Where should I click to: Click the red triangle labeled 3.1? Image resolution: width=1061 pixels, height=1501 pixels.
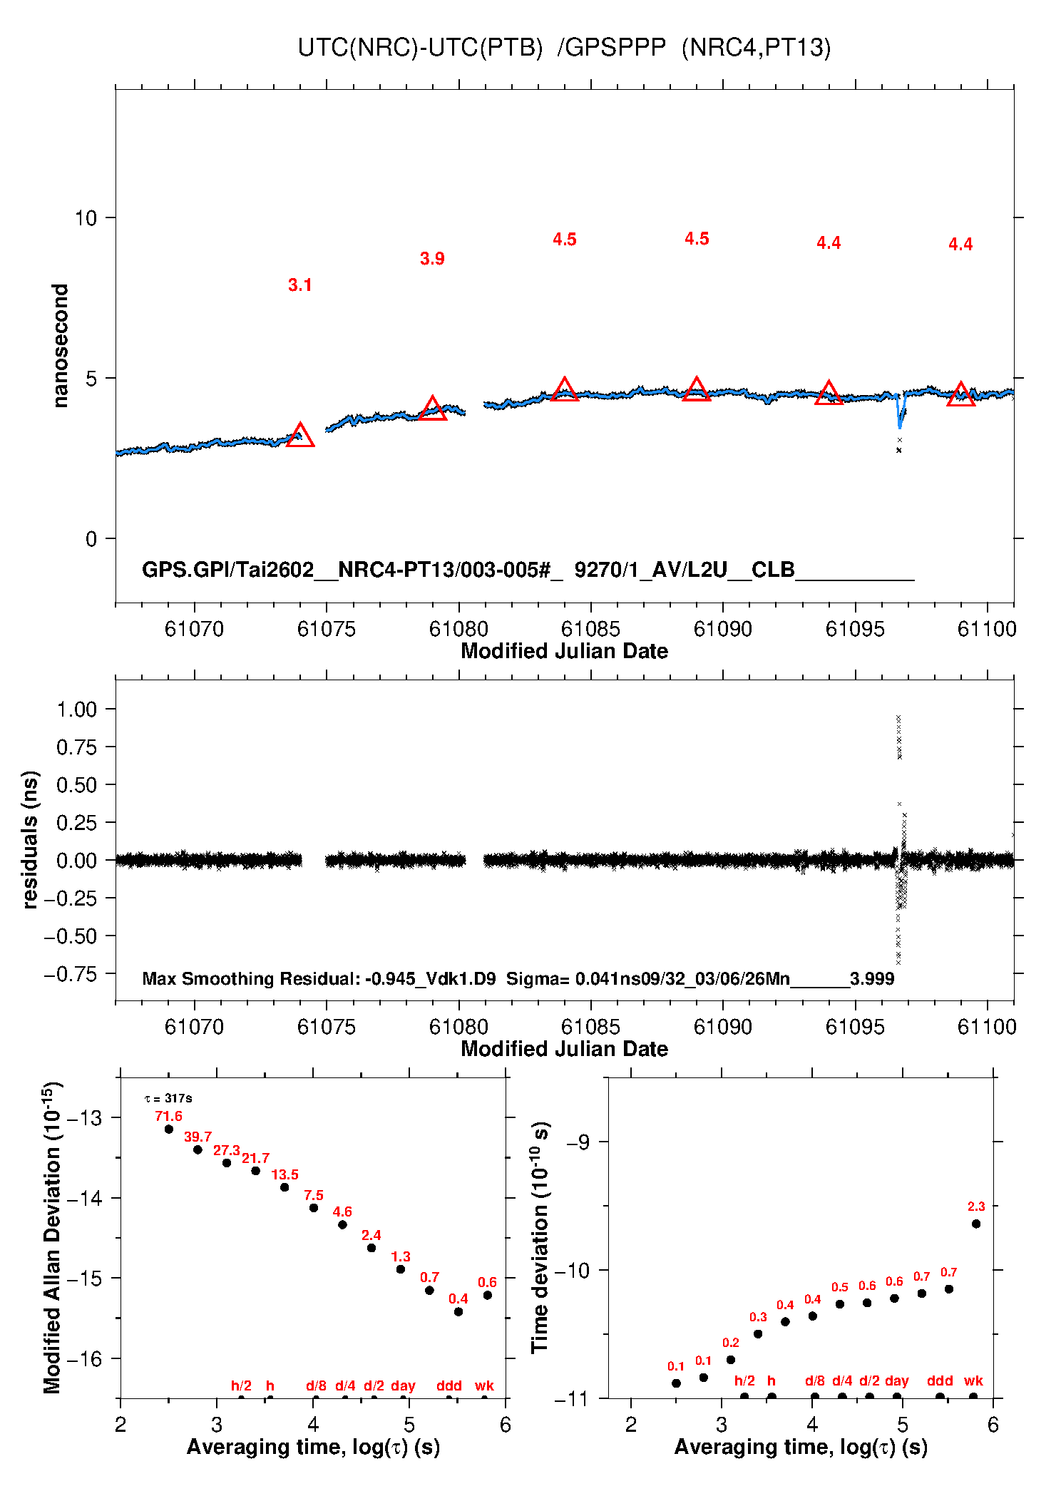coord(300,435)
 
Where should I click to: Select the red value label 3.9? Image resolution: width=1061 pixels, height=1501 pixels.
coord(432,259)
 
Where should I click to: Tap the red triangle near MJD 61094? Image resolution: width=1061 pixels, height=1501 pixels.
coord(829,393)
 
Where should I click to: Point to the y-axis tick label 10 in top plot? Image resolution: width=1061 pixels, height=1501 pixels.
coord(86,218)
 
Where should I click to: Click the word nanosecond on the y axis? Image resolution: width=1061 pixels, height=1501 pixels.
coord(61,346)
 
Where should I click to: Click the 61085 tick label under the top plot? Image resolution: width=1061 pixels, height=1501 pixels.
coord(590,629)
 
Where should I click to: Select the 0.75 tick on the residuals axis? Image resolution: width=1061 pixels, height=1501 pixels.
coord(76,747)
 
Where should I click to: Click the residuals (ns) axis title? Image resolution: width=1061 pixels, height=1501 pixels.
coord(30,840)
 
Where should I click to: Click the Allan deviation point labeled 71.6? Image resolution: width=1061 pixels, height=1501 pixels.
coord(169,1129)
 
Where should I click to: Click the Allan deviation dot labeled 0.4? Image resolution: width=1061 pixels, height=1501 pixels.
coord(458,1311)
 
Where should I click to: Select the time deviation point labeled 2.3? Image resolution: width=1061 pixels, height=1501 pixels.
coord(976,1224)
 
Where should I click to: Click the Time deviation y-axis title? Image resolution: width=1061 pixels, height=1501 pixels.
coord(540,1237)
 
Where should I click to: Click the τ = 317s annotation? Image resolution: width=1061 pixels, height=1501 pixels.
coord(168,1098)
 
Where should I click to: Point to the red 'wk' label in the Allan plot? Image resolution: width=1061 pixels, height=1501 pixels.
coord(484,1385)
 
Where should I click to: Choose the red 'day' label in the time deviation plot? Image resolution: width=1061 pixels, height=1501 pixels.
coord(897,1380)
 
